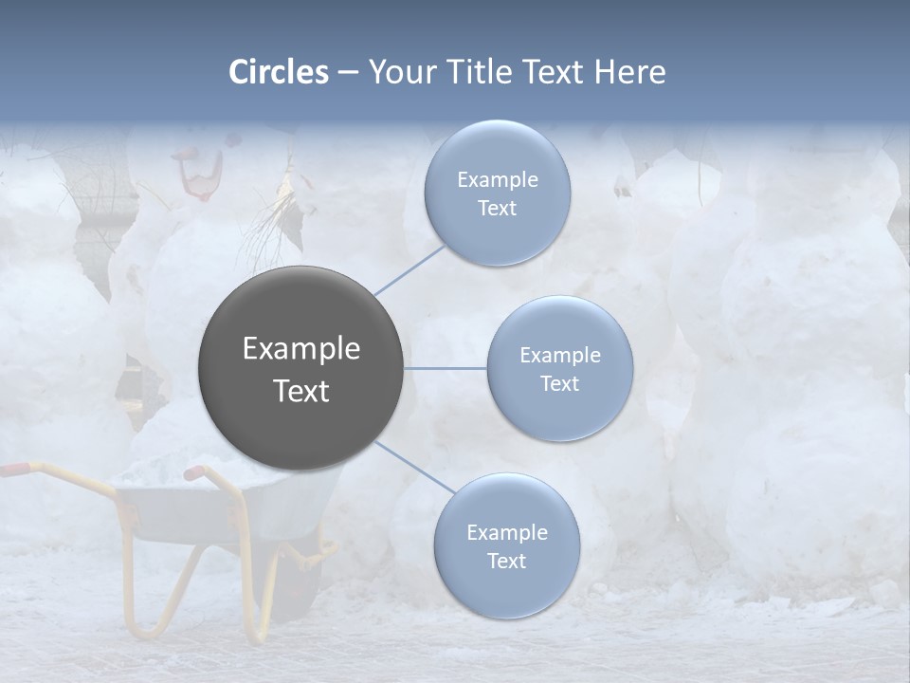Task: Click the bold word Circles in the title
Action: (x=279, y=72)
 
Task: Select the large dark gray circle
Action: (x=301, y=368)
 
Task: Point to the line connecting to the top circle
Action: (x=409, y=268)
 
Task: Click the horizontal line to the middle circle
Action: (x=446, y=368)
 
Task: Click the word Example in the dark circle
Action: (x=301, y=349)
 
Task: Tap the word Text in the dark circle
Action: (x=301, y=391)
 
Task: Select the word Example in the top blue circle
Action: (x=498, y=180)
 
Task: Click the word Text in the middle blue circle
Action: (x=559, y=383)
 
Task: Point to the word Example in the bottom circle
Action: (x=507, y=533)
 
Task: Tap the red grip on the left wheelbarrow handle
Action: (x=13, y=469)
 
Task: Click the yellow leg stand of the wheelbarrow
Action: (x=152, y=607)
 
